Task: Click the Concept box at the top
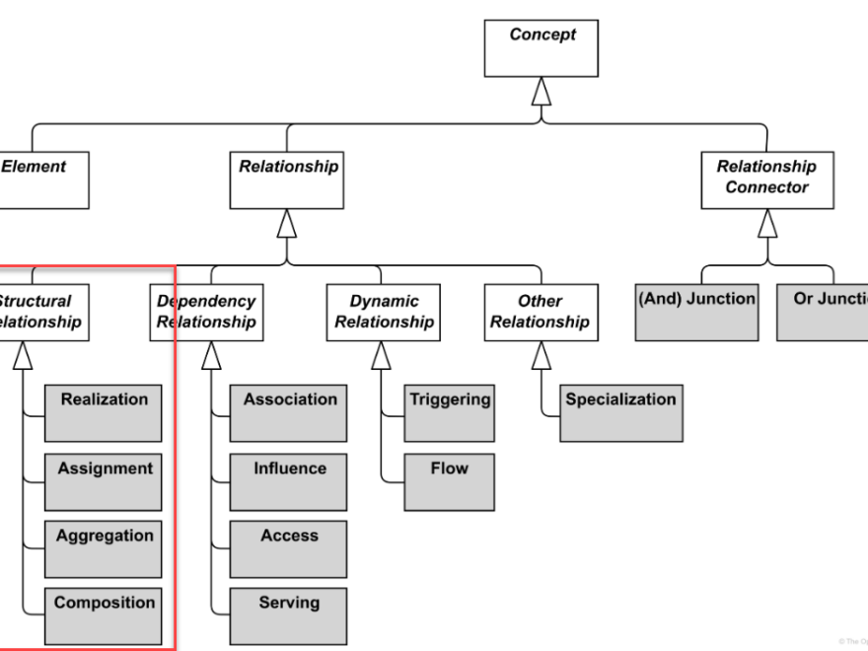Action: [542, 47]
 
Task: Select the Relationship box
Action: [287, 180]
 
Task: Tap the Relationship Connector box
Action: [766, 180]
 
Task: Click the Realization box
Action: [104, 412]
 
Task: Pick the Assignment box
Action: [104, 481]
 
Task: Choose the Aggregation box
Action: [104, 548]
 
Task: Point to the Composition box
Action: [104, 615]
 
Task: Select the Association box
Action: [288, 412]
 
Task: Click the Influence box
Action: [288, 481]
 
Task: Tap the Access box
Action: [288, 548]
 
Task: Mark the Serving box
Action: [288, 615]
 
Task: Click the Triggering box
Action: [449, 412]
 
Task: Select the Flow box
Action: [449, 481]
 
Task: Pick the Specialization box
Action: [620, 412]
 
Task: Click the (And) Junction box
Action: [696, 312]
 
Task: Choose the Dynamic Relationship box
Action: [384, 312]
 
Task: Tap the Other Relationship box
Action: [540, 312]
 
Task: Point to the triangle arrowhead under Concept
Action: [542, 91]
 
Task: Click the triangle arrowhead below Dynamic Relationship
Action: [381, 355]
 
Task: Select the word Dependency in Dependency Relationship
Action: [206, 301]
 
